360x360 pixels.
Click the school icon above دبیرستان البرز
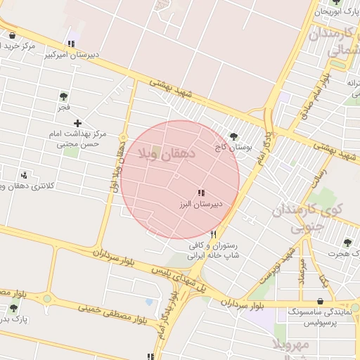pos(201,193)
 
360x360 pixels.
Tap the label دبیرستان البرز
pos(198,204)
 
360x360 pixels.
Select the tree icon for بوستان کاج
pos(233,136)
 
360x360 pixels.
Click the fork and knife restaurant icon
pos(213,234)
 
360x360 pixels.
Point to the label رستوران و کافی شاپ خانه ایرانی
pos(214,250)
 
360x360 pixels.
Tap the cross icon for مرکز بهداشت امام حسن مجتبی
pos(77,123)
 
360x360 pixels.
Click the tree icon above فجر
pos(64,96)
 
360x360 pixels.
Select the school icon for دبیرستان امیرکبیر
pos(70,44)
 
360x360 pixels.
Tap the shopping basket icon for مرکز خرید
pos(12,36)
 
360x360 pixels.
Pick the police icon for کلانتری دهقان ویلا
pos(25,175)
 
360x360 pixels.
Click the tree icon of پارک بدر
pos(13,308)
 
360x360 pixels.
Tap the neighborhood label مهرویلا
pos(290,345)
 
